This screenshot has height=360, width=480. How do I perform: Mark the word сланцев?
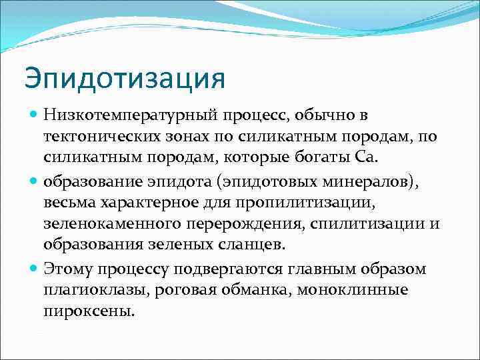point(247,244)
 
